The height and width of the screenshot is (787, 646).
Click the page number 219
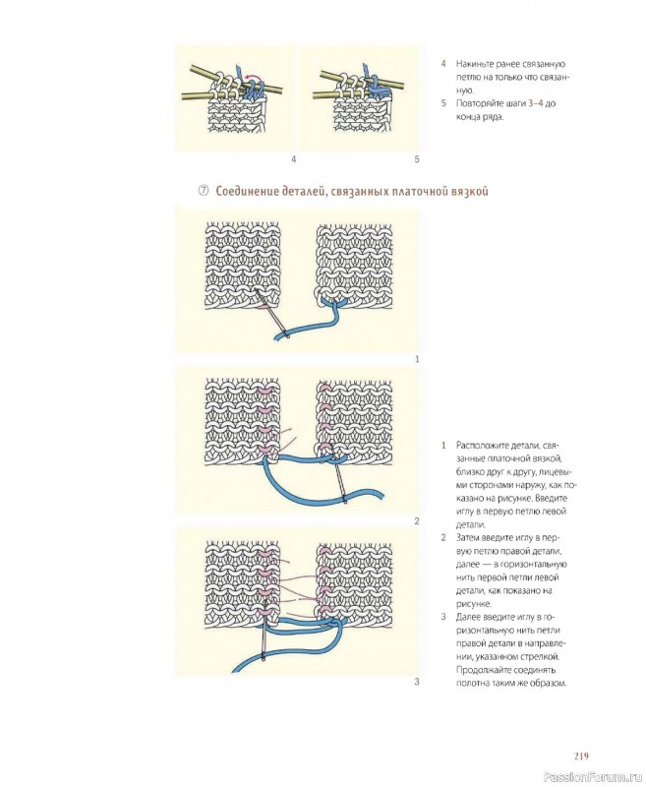tap(581, 756)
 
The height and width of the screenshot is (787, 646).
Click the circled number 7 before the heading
tap(204, 191)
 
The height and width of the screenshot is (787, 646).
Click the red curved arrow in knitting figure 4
tap(253, 77)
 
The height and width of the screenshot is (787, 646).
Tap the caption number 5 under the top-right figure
tap(417, 159)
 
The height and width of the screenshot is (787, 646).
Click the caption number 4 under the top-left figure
tap(293, 159)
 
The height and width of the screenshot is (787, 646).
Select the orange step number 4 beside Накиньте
tap(443, 64)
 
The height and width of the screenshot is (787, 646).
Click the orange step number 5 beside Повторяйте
tap(443, 103)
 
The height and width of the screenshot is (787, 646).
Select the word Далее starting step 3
tap(467, 617)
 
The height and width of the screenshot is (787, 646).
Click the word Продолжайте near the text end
tap(480, 670)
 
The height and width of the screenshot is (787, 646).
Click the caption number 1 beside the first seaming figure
tap(417, 359)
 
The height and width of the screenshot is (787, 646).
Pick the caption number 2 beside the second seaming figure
tap(417, 521)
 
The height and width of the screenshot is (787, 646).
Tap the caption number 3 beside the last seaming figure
tap(417, 682)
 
